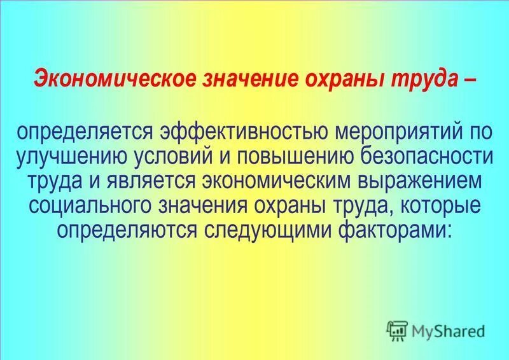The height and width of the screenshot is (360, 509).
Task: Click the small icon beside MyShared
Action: coord(398,329)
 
